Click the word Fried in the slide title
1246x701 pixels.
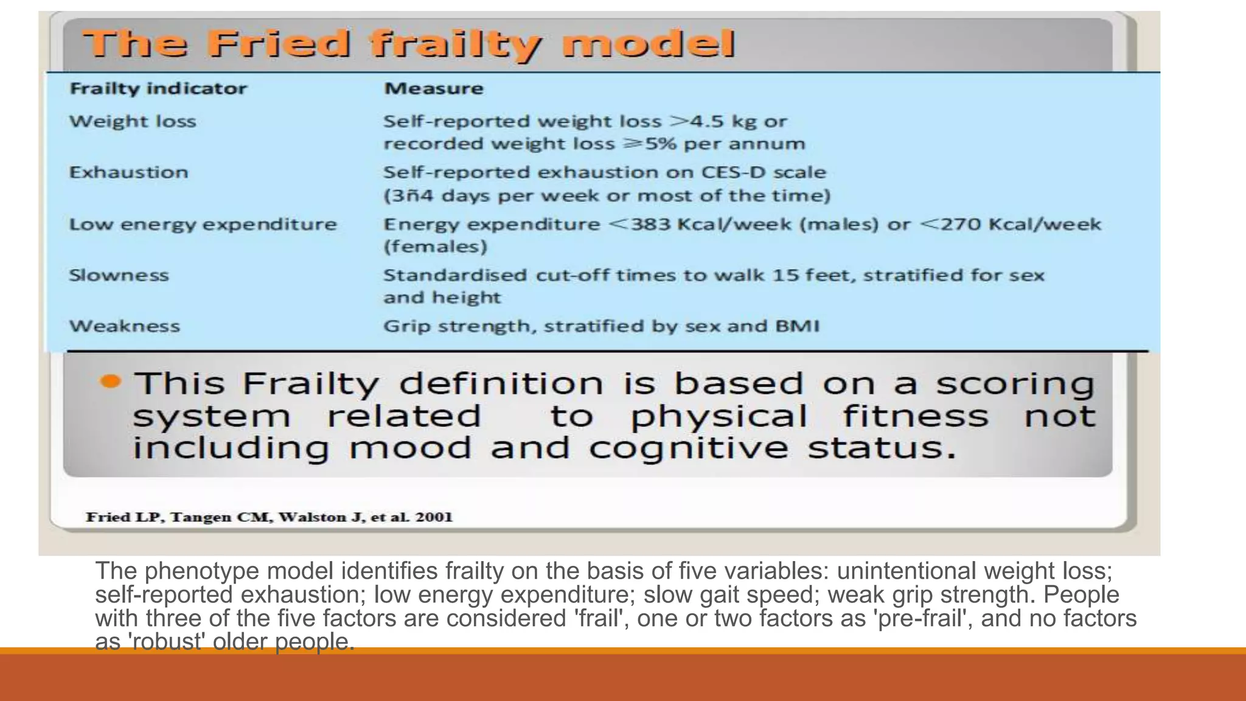279,44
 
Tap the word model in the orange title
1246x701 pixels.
648,44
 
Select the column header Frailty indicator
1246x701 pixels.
158,89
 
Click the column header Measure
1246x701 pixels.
434,89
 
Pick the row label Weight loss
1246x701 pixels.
133,121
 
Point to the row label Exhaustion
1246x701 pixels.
128,172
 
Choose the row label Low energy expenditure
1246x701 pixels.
203,225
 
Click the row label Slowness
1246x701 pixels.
119,275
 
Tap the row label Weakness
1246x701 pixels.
124,326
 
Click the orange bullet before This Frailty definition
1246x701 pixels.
110,382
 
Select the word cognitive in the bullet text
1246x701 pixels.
688,448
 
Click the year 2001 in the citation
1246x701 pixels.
434,517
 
